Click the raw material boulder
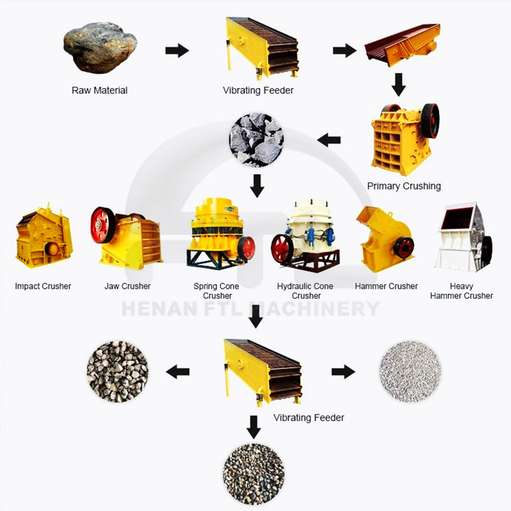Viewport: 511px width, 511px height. [x=100, y=47]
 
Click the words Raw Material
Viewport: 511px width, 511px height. [x=100, y=90]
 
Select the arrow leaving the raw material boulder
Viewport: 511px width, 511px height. [x=177, y=50]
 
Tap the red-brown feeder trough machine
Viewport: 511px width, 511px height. [x=402, y=44]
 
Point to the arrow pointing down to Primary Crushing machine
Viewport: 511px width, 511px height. [x=398, y=85]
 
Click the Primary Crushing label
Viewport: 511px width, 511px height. [x=404, y=186]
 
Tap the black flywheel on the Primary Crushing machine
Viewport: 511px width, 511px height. [x=430, y=121]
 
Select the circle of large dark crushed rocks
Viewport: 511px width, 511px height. [x=257, y=140]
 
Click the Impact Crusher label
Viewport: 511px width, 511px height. [x=43, y=286]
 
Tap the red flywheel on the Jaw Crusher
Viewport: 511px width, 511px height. [x=102, y=225]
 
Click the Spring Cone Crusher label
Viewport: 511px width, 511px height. [x=217, y=291]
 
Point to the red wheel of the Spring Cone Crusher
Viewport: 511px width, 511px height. [x=246, y=248]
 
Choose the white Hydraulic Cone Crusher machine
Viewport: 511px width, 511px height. [x=305, y=236]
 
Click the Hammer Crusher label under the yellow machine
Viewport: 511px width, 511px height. [x=386, y=286]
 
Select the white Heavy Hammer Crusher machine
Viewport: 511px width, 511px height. [x=464, y=237]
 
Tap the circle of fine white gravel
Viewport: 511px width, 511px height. [x=410, y=371]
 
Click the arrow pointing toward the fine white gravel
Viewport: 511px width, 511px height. [x=343, y=372]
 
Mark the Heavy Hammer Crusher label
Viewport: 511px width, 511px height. [x=461, y=291]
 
